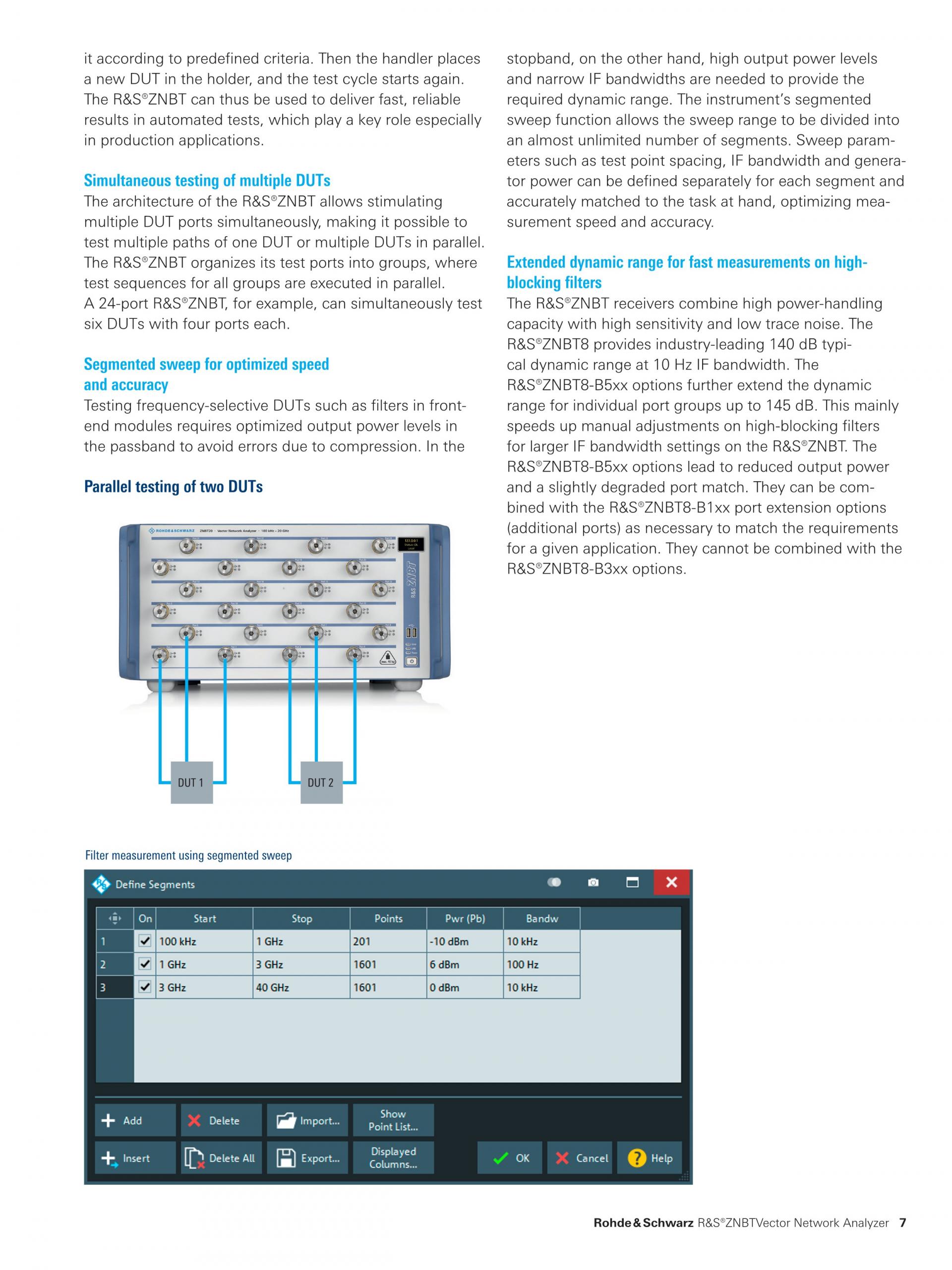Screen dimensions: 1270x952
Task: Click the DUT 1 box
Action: pos(191,782)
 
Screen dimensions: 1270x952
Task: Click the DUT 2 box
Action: pos(321,782)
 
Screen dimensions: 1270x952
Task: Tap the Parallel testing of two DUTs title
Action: pos(174,486)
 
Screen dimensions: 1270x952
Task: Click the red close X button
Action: pos(671,882)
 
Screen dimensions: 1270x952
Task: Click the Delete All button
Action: pos(221,1158)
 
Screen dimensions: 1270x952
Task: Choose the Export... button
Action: pos(307,1158)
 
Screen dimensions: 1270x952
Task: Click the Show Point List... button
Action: pos(393,1120)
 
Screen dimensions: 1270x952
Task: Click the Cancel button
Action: pos(581,1158)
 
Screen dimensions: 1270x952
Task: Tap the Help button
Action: pos(650,1158)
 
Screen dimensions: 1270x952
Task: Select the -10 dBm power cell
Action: pos(464,941)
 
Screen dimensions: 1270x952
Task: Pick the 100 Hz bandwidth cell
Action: pos(541,964)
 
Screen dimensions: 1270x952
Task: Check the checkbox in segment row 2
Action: pos(145,964)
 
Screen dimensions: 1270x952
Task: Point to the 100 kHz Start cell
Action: pos(204,941)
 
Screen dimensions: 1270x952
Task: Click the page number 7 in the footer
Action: pos(902,1222)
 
